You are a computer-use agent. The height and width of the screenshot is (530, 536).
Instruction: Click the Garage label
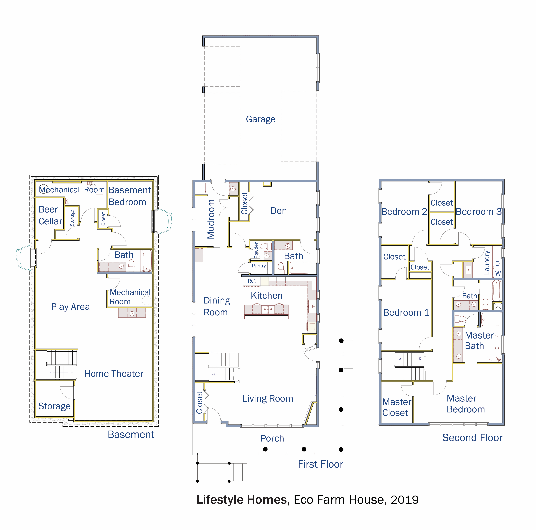(x=260, y=119)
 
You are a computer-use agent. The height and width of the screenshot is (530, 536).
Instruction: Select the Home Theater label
(x=114, y=374)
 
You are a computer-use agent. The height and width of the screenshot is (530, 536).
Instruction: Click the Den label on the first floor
(x=279, y=211)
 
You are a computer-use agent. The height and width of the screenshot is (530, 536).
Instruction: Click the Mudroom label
(x=211, y=219)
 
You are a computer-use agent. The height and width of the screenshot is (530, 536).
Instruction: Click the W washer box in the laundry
(x=498, y=273)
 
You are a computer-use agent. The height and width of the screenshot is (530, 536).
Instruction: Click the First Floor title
(x=320, y=464)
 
